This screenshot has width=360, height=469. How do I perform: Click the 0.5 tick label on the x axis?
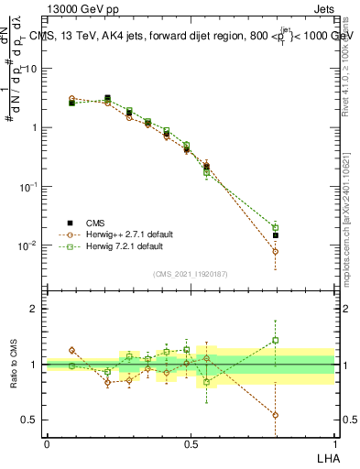click(190, 443)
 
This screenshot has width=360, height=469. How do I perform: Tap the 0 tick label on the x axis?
click(47, 443)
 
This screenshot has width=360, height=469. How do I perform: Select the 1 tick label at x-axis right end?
click(333, 443)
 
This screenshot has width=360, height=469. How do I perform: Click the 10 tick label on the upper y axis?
click(32, 69)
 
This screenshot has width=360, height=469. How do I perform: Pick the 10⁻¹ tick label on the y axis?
click(30, 186)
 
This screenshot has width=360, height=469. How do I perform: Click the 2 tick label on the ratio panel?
click(36, 310)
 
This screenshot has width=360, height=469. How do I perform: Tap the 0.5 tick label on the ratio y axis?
click(32, 420)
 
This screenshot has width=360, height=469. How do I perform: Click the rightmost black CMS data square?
click(276, 235)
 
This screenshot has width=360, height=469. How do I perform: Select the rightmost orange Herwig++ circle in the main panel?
click(276, 251)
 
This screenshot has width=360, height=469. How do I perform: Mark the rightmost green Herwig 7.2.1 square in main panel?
click(276, 227)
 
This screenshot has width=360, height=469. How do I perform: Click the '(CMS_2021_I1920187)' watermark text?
click(190, 274)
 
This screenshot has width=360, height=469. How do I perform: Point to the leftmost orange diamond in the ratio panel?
click(72, 350)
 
